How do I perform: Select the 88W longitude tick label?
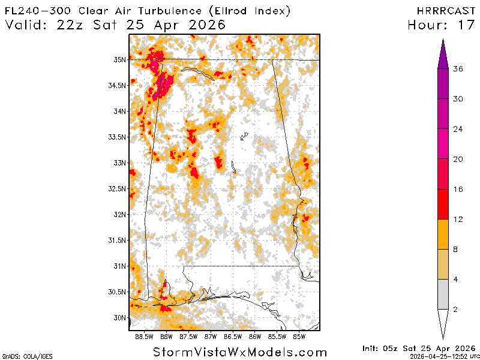tap(166, 337)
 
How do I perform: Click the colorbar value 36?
tap(458, 69)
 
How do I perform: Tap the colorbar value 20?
tap(458, 159)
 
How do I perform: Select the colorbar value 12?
tap(458, 219)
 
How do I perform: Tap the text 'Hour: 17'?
tap(442, 25)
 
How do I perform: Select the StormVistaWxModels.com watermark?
tap(240, 352)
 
